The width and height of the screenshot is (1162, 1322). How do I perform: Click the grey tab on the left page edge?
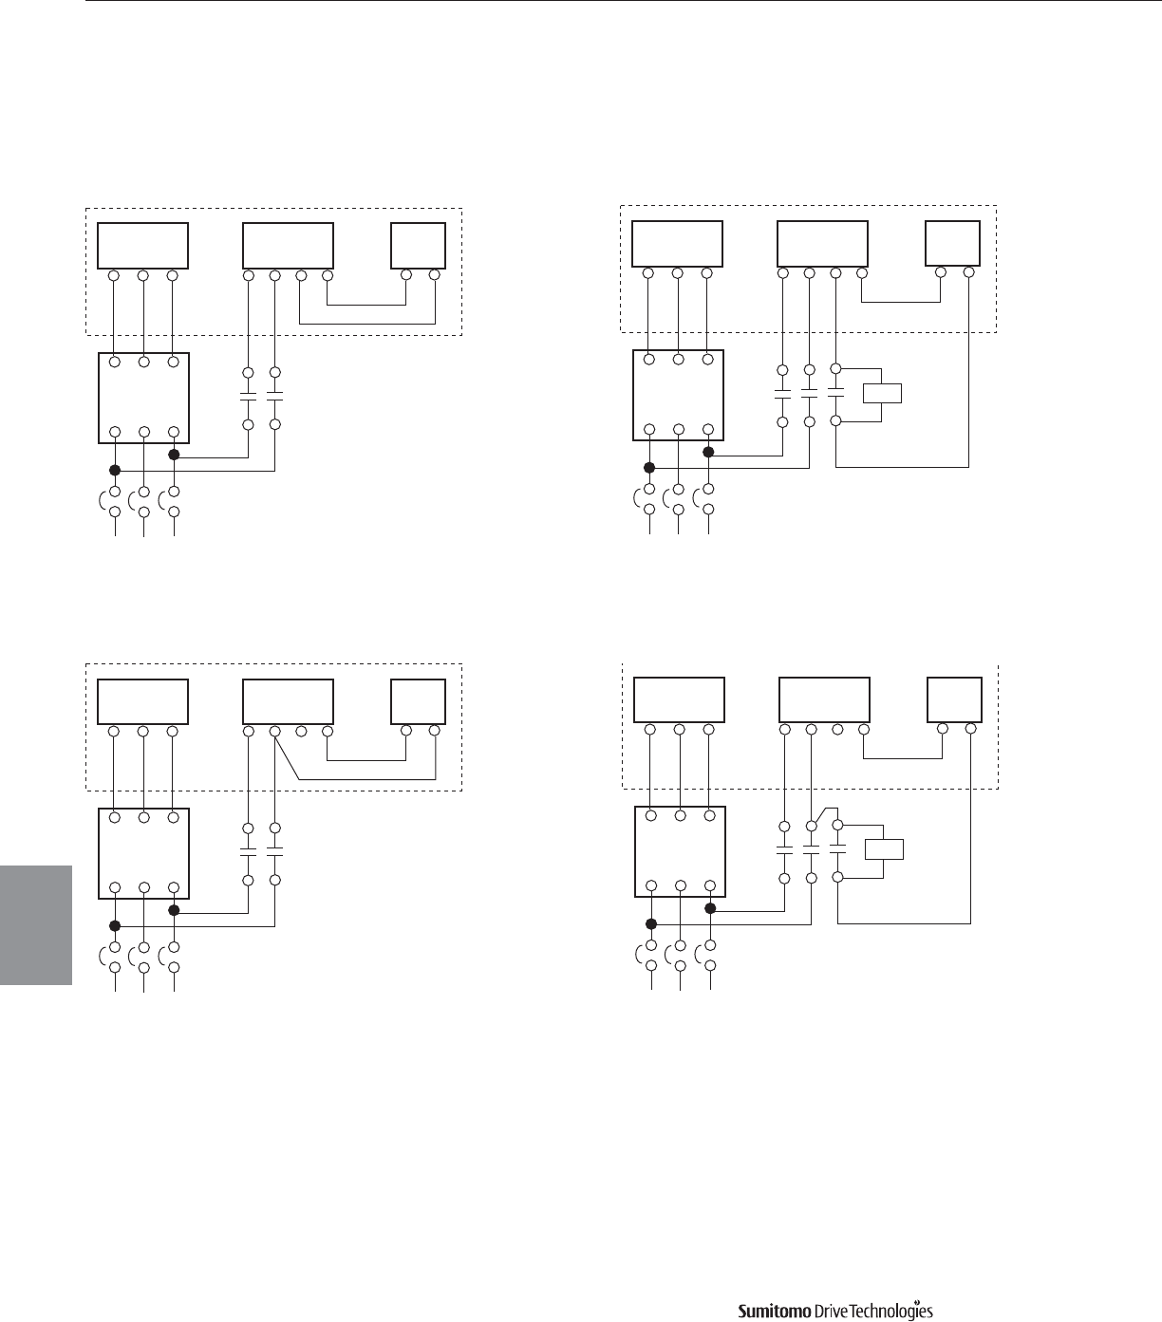[36, 925]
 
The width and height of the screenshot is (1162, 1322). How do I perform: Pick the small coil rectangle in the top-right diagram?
[882, 393]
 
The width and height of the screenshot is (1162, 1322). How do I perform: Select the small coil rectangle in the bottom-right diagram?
[884, 849]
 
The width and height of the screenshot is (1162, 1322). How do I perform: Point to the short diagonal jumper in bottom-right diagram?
[821, 816]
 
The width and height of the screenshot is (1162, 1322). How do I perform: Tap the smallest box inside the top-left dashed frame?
[419, 246]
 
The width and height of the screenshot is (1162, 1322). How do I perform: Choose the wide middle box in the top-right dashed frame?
[822, 244]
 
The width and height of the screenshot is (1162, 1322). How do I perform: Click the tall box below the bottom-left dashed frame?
[143, 853]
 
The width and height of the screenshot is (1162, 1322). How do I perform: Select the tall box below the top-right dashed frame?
[678, 396]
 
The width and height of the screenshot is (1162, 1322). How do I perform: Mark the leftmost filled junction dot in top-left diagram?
[115, 470]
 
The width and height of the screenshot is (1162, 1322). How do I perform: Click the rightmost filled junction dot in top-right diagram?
[708, 452]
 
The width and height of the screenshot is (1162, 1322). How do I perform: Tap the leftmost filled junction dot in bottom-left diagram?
[115, 925]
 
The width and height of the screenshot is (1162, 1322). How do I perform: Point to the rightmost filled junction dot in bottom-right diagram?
[710, 907]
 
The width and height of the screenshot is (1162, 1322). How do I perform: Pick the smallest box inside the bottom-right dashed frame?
[954, 700]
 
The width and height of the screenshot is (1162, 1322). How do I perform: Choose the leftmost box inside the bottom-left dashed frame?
[143, 701]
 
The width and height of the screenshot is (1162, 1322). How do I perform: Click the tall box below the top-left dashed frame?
[143, 398]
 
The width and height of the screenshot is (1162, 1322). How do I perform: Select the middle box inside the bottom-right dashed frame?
[824, 700]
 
